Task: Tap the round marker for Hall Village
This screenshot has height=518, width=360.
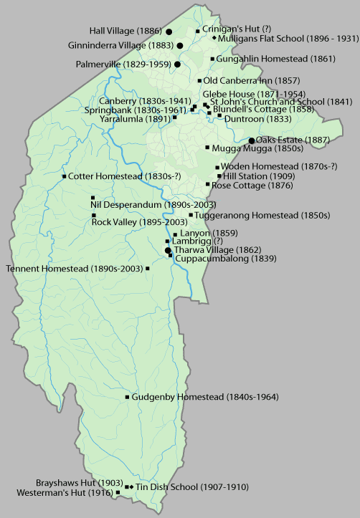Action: point(169,32)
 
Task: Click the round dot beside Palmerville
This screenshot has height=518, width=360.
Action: point(177,64)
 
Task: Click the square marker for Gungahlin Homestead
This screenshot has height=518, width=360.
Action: point(213,59)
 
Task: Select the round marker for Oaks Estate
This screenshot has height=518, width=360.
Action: point(251,140)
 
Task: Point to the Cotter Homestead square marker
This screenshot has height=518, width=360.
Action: point(65,176)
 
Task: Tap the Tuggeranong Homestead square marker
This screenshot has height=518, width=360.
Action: point(191,215)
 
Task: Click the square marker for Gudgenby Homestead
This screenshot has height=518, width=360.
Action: point(127,397)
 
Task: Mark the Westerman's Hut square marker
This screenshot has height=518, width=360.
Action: point(118,493)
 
